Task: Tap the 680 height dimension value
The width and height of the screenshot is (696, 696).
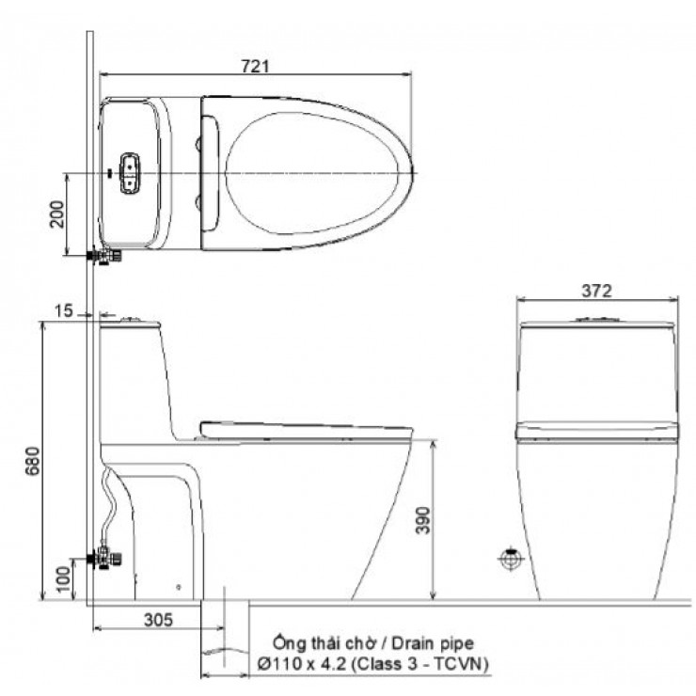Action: pos(34,460)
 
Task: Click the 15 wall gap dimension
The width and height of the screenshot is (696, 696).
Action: pos(64,309)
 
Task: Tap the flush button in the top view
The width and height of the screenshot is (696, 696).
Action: pos(128,173)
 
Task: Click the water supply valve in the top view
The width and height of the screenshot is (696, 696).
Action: pos(103,255)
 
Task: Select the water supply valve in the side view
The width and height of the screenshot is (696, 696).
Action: pos(104,559)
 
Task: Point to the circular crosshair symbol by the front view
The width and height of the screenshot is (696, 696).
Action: pos(509,559)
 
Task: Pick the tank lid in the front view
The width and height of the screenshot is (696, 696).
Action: pos(598,324)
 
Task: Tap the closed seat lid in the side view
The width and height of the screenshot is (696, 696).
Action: pos(305,431)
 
